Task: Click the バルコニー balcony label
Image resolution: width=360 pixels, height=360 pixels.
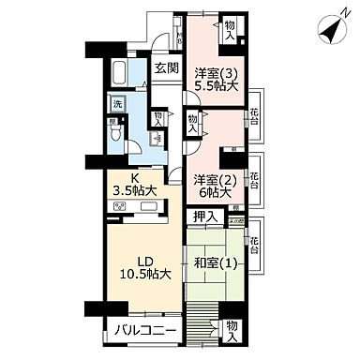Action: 139,329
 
